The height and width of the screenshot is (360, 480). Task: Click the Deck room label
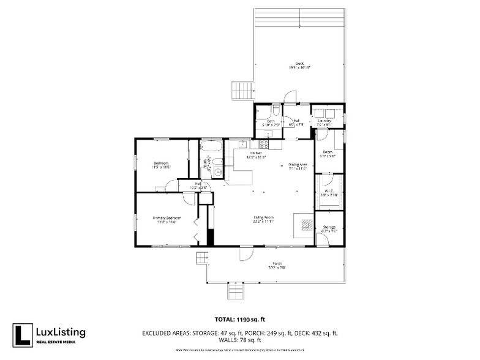[x=299, y=66]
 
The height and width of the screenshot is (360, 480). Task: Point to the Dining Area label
[x=297, y=165]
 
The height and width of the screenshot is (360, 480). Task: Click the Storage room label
[x=329, y=228]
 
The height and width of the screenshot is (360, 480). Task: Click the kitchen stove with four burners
[x=264, y=144]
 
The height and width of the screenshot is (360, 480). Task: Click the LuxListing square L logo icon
[x=23, y=334]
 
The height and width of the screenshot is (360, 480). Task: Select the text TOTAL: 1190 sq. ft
[x=239, y=319]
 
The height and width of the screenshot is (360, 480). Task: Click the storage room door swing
[x=322, y=241]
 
